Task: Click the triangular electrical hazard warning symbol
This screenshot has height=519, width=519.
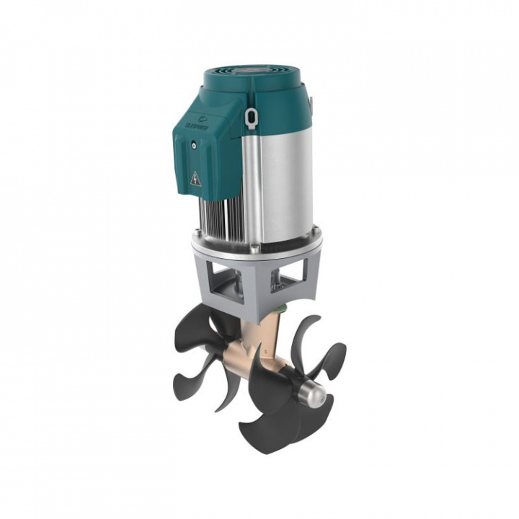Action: (195, 179)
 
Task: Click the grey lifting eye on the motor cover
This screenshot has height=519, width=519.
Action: (250, 115)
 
